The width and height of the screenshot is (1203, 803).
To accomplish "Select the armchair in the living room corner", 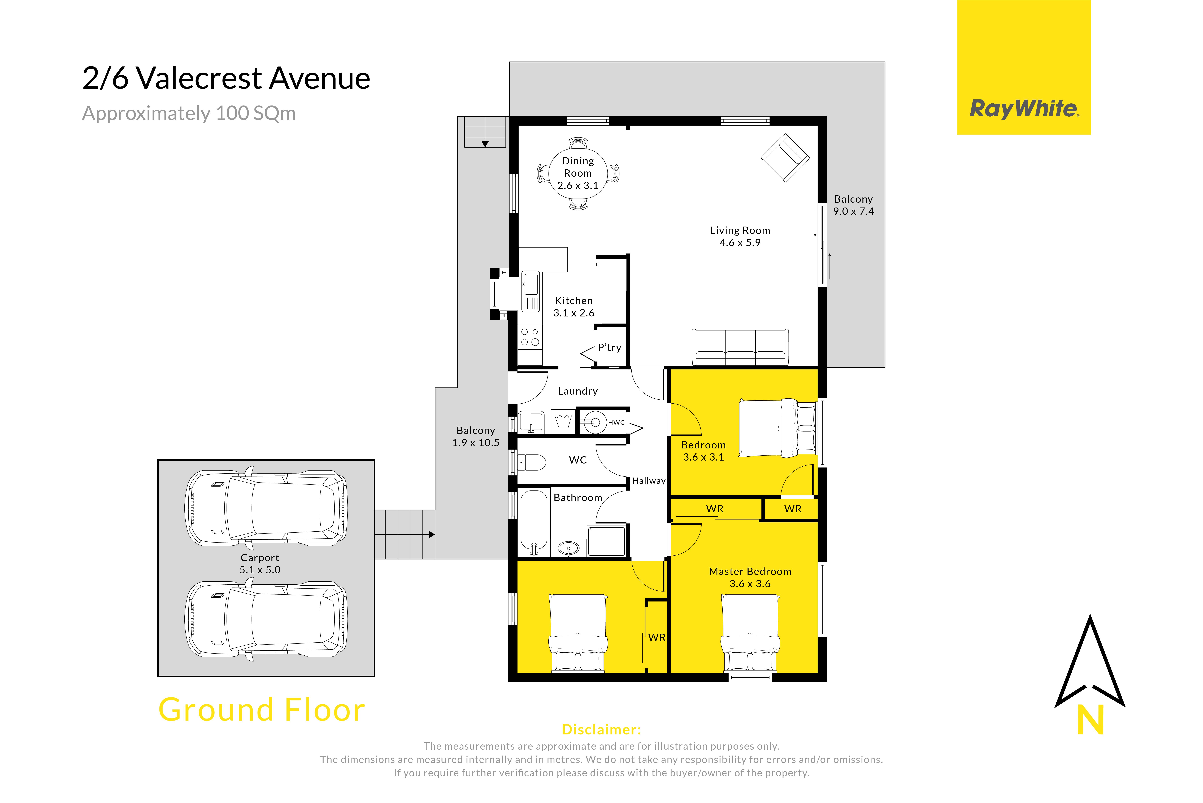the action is [x=785, y=158].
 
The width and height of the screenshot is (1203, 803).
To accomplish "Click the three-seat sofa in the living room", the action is [x=740, y=347].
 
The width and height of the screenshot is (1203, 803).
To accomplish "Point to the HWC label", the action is [x=616, y=422].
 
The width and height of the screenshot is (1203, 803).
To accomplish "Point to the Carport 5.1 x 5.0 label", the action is [x=260, y=563].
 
